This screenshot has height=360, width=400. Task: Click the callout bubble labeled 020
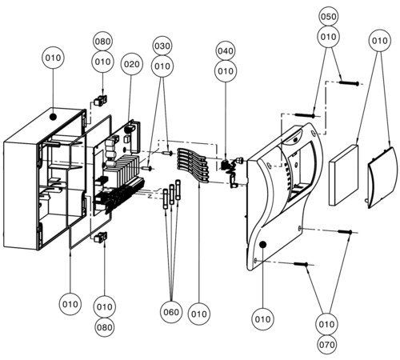coord(132,64)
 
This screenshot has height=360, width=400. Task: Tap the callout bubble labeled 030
coord(162,46)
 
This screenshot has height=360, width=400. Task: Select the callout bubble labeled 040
coord(226,50)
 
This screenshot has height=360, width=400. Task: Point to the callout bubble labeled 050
coord(328,17)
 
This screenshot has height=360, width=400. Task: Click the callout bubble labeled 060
coord(171,312)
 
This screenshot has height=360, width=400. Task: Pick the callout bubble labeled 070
coord(327,345)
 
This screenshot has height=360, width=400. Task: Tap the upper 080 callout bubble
coord(102,42)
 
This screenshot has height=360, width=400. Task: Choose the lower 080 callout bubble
coord(105,327)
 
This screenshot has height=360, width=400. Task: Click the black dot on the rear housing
coord(53,117)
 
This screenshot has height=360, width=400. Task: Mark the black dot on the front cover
coord(262,245)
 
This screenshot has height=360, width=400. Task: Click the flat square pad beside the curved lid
coord(343,175)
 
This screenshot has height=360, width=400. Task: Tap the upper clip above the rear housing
coord(100,100)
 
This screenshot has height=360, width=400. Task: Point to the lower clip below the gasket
coord(100,238)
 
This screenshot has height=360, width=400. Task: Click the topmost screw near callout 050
coord(349,83)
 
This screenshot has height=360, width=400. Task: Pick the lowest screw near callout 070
coord(301,264)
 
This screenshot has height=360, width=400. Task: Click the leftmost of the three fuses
coord(166,199)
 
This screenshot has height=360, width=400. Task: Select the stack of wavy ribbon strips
coord(193,166)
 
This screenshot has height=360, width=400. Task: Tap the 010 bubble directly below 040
coord(226,71)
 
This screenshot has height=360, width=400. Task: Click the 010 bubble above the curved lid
coord(380,41)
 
